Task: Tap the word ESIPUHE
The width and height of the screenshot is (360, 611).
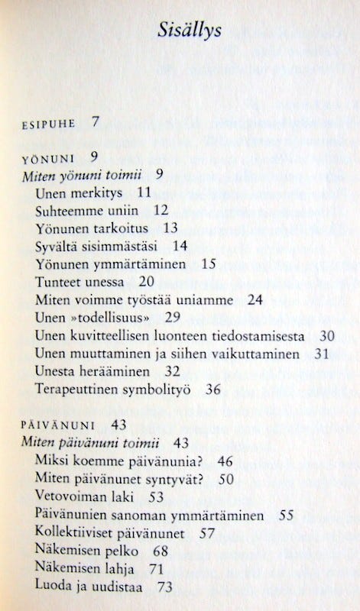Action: (x=48, y=121)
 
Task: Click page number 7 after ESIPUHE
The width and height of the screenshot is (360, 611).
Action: (x=95, y=121)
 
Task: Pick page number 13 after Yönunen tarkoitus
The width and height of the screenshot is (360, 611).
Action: (x=170, y=228)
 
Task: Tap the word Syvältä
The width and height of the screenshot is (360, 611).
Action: (x=59, y=246)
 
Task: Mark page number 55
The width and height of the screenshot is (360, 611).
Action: (x=286, y=516)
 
